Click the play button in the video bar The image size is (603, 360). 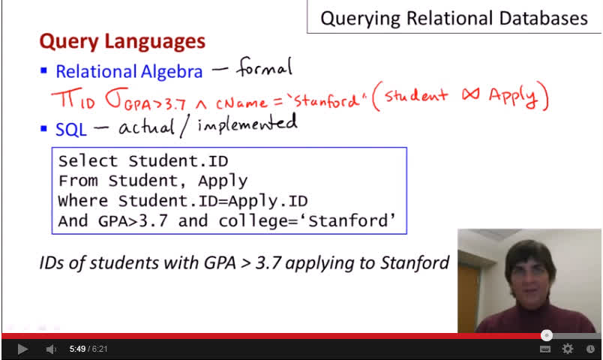22,349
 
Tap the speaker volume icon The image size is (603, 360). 51,349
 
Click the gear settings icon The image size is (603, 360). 567,349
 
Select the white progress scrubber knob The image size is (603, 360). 547,335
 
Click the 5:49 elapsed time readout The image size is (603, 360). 77,349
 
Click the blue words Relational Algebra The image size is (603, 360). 129,71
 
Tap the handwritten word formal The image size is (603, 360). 265,67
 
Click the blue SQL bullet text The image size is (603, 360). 71,130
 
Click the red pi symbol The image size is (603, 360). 65,98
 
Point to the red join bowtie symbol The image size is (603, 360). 471,94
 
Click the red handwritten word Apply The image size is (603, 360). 513,96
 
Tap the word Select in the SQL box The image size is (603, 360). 88,161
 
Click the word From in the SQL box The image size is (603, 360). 78,181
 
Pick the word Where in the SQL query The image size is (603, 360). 83,201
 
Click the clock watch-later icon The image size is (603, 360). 590,349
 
